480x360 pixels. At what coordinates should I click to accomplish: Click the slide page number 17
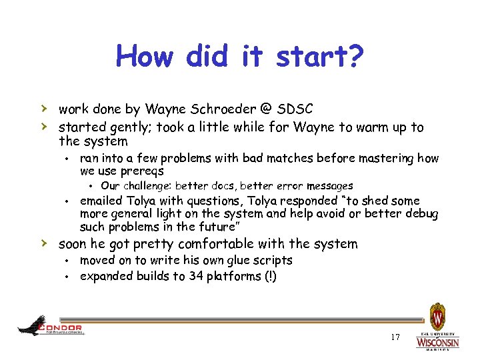tap(395, 337)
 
